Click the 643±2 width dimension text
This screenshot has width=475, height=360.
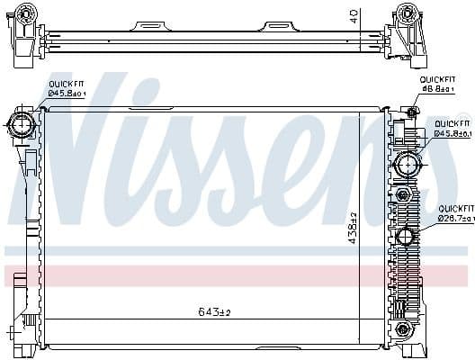coord(215,312)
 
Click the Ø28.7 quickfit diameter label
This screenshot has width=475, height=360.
coord(453,218)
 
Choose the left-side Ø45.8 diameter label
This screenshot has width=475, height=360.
coord(67,94)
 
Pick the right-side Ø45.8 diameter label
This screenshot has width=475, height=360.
coord(453,133)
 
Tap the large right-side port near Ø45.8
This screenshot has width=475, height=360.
coord(407,165)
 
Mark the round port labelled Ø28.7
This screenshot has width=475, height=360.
coord(404,238)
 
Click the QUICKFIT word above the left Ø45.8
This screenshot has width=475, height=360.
coord(65,84)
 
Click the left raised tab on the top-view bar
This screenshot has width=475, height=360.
coord(148,27)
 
